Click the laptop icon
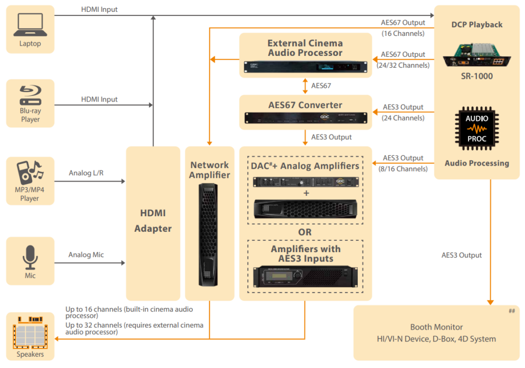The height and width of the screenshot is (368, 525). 30,26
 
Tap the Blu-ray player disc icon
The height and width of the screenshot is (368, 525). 30,96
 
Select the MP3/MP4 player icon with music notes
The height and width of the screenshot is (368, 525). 30,173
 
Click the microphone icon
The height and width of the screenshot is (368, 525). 30,257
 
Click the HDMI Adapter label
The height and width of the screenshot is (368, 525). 153,221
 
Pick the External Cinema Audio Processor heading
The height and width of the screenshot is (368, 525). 305,48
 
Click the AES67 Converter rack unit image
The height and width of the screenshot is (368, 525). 305,119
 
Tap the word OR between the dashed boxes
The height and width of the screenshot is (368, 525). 305,232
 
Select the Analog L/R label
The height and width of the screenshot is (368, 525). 86,173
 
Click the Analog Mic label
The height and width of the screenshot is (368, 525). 86,255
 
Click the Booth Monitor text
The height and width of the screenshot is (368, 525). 436,327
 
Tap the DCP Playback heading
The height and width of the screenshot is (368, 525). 476,25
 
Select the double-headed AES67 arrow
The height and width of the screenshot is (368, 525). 306,86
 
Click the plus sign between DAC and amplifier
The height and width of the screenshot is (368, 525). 306,193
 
